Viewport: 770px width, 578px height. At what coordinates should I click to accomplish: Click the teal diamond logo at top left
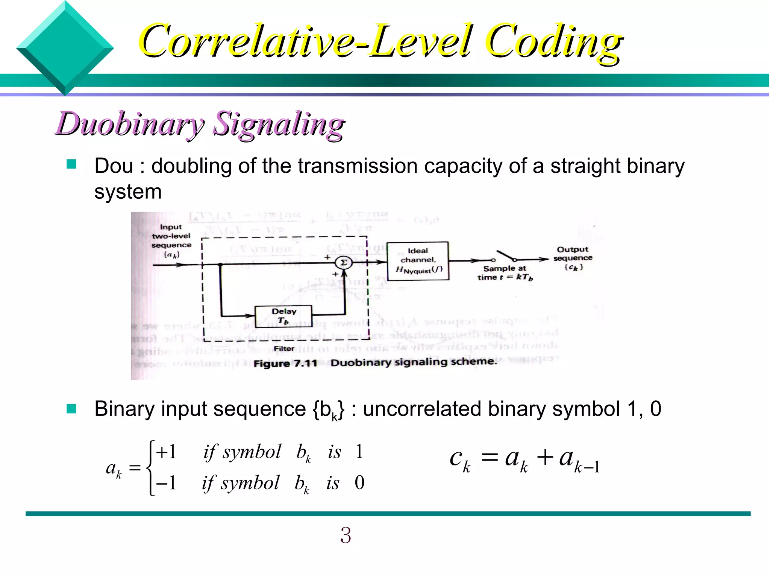pos(65,48)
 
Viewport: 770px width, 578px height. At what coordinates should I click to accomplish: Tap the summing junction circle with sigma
pos(343,263)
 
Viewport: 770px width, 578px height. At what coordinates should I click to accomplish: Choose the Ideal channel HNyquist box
pos(418,261)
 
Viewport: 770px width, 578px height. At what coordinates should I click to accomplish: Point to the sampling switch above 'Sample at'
pos(505,256)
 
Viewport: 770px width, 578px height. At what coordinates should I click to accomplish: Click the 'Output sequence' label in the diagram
pos(573,254)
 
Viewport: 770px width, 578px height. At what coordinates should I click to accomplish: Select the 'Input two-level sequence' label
pos(171,236)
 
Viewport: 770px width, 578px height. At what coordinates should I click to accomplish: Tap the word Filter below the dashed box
pos(284,349)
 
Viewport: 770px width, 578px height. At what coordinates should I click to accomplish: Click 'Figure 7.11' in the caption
pos(285,364)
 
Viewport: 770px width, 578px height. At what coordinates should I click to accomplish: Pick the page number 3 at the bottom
pos(346,535)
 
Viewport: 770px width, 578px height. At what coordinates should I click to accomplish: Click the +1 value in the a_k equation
pos(166,452)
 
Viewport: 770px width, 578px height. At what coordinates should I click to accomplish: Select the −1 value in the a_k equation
pos(166,483)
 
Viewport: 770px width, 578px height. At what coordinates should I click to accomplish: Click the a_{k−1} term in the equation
pos(579,460)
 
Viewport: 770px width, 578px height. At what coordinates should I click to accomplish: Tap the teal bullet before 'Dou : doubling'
pos(71,164)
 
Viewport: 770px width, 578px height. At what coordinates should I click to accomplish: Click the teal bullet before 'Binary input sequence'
pos(71,409)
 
